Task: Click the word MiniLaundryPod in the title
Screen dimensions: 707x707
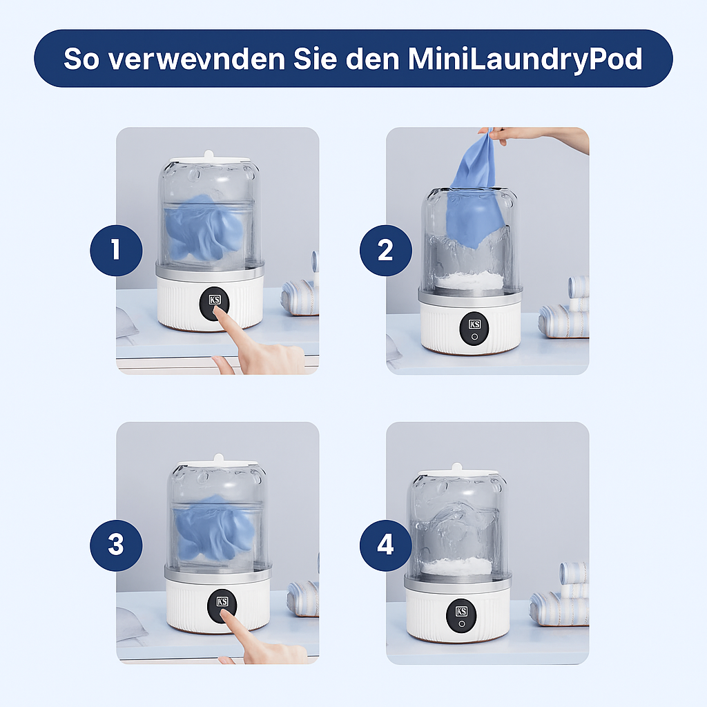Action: [525, 59]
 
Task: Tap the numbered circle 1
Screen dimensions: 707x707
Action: [116, 249]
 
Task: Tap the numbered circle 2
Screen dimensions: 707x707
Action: [385, 249]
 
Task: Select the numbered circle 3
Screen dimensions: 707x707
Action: [116, 545]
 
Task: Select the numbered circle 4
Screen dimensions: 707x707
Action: [385, 545]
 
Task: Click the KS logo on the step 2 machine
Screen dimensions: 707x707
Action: [474, 324]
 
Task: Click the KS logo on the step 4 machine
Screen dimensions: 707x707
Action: [461, 611]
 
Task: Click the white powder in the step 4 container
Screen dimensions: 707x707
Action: [457, 566]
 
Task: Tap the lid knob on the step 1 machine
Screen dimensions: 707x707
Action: [209, 153]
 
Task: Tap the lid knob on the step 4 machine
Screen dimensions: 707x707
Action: [457, 469]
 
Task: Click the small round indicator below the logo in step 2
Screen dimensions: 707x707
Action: [474, 338]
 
